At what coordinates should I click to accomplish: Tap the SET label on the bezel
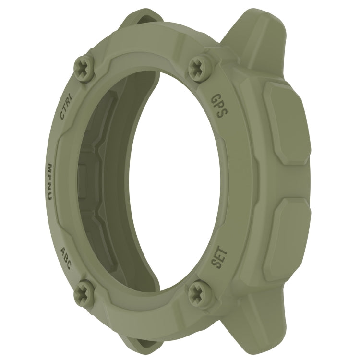[x=220, y=257]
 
